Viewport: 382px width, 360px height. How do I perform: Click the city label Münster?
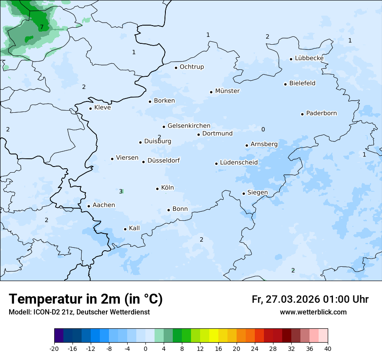tap(227, 91)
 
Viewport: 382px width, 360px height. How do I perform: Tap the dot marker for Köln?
tap(158, 189)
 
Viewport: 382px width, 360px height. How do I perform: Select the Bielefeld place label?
tap(302, 83)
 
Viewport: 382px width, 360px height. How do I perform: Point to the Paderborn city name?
tap(321, 113)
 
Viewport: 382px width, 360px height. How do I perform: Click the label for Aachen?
tap(104, 205)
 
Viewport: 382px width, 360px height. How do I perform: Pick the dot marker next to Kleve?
tap(90, 108)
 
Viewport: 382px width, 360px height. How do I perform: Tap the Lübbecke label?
tap(309, 58)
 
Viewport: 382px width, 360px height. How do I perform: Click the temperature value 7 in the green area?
tap(42, 27)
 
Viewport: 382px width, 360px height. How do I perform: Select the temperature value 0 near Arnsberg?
tap(263, 129)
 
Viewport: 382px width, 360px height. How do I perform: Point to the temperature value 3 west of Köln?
tap(121, 191)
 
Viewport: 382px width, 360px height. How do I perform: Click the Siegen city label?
tap(257, 193)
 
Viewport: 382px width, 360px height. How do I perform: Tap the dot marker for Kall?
tap(125, 229)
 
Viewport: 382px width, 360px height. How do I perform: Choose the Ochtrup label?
tap(191, 67)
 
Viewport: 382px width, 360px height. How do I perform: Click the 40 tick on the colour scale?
tap(328, 349)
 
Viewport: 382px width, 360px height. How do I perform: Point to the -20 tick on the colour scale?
tap(54, 349)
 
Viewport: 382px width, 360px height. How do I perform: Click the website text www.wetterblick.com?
tap(313, 312)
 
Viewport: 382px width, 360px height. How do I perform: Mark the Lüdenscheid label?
tap(239, 163)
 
